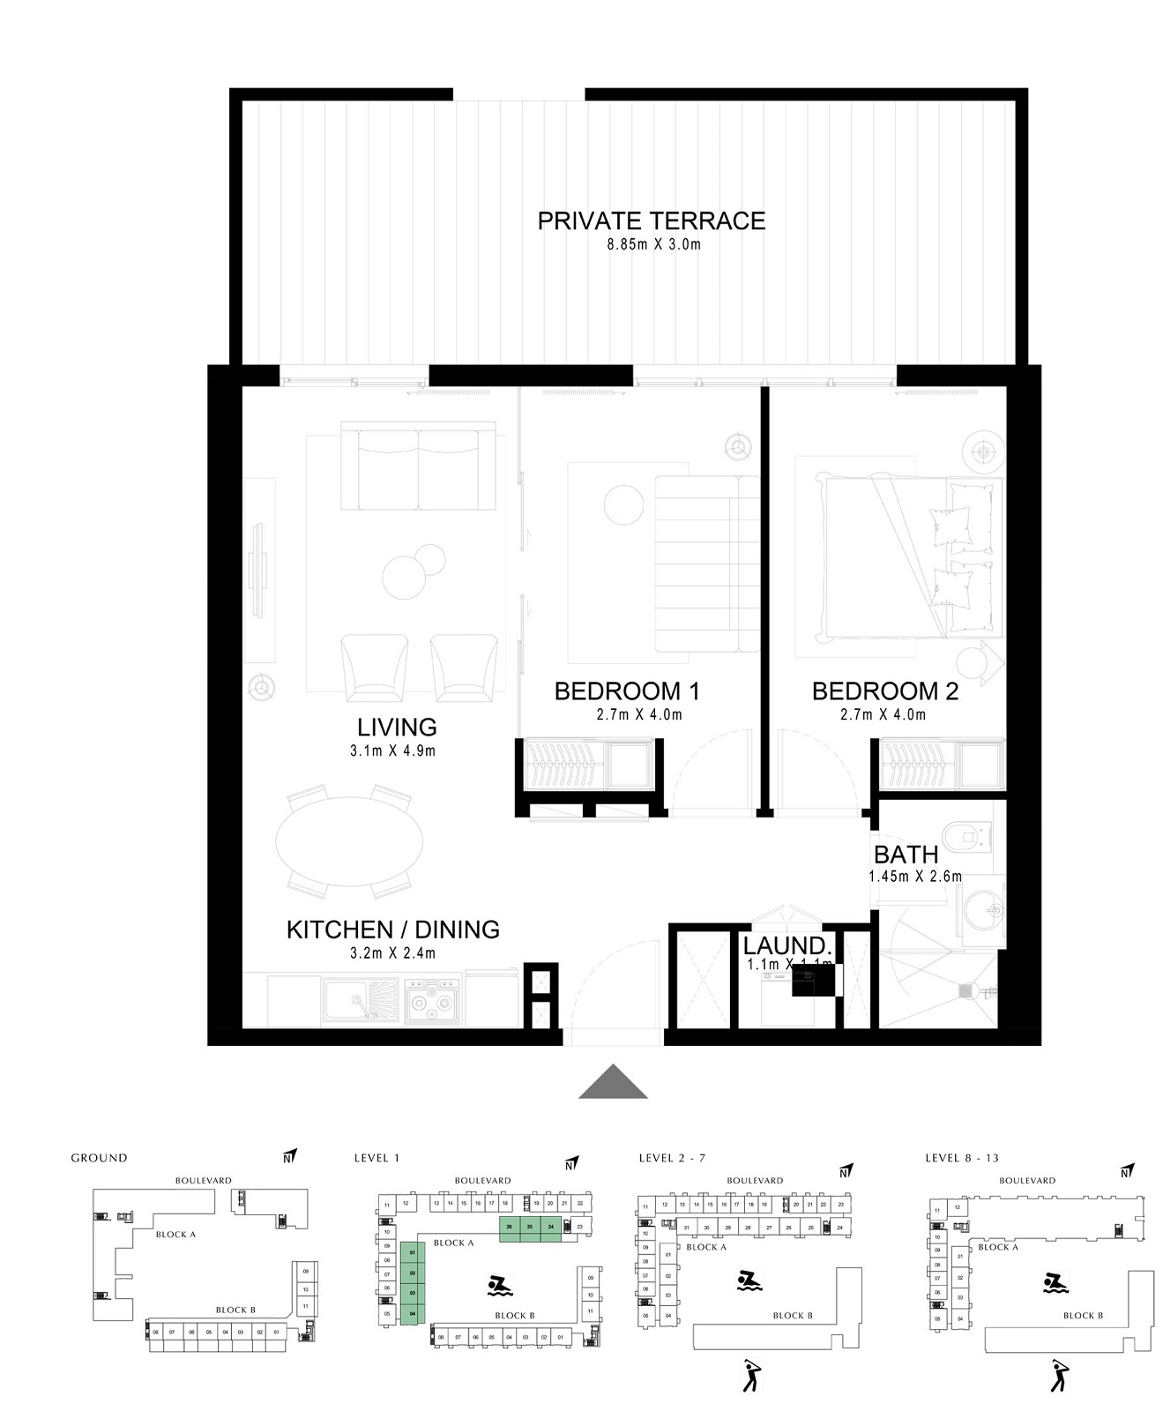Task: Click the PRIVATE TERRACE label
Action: pyautogui.click(x=651, y=220)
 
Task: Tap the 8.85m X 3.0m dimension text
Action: pyautogui.click(x=652, y=244)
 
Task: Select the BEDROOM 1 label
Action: pyautogui.click(x=626, y=691)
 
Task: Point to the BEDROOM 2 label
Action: pyautogui.click(x=884, y=691)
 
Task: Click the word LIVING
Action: pyautogui.click(x=397, y=727)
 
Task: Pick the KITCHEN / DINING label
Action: pyautogui.click(x=392, y=929)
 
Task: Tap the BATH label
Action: pyautogui.click(x=906, y=855)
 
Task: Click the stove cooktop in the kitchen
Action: pyautogui.click(x=432, y=1001)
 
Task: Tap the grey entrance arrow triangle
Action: pyautogui.click(x=613, y=1084)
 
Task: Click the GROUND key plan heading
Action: pyautogui.click(x=99, y=1158)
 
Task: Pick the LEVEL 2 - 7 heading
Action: pyautogui.click(x=672, y=1158)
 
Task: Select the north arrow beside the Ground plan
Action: pyautogui.click(x=290, y=1156)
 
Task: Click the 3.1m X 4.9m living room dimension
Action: pyautogui.click(x=392, y=751)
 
